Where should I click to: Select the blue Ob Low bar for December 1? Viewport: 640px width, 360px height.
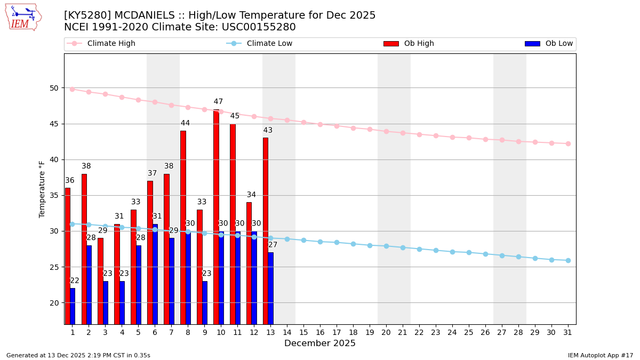pos(73,306)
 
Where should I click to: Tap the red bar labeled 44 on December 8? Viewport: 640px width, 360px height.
pos(183,227)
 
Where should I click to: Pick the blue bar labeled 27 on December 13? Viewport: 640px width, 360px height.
pos(270,288)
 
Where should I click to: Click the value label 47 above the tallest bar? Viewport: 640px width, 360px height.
pos(218,102)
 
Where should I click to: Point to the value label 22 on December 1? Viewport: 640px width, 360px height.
pos(75,281)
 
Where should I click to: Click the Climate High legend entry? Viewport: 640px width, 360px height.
pos(101,44)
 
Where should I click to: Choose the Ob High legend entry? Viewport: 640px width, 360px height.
pos(409,44)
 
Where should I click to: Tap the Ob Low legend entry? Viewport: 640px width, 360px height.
pos(549,44)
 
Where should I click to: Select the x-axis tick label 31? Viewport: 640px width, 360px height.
pos(568,332)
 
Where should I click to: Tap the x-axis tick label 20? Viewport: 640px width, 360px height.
pos(386,332)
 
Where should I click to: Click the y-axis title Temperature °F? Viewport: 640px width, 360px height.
pos(42,189)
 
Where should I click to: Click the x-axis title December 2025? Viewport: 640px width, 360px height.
pos(319,343)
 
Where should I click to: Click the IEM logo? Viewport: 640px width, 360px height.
pos(23,17)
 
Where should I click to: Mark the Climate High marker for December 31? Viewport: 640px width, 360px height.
pos(568,143)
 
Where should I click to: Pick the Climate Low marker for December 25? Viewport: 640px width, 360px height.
pos(469,252)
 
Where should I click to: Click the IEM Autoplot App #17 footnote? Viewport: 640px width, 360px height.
pos(600,355)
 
